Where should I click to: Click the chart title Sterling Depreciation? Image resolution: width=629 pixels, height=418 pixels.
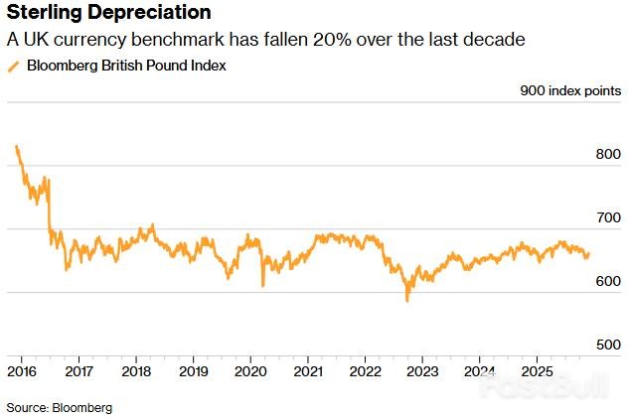tap(108, 13)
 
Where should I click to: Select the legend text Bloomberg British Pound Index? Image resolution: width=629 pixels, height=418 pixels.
tap(126, 66)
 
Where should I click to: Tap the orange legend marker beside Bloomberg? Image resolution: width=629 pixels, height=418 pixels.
tap(13, 66)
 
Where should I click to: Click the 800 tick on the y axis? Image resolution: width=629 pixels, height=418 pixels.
tap(608, 154)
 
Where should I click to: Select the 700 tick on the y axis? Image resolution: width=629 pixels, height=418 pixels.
tap(608, 217)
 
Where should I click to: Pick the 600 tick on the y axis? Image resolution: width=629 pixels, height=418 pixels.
tap(608, 281)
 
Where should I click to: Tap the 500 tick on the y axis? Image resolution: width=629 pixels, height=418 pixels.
tap(608, 345)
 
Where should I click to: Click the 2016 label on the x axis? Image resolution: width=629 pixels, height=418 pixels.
tap(21, 370)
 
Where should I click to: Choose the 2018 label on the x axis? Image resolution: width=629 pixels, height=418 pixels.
tap(135, 370)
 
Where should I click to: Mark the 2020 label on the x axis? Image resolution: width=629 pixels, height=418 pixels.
tap(249, 370)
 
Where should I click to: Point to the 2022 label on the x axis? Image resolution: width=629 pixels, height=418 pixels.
tap(365, 370)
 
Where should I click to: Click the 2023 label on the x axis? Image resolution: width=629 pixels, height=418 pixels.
tap(421, 370)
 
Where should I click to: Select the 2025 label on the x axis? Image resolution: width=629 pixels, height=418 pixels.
tap(537, 370)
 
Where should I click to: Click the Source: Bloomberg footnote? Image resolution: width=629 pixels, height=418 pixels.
tap(60, 407)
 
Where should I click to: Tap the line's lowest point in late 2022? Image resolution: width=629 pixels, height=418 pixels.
tap(406, 300)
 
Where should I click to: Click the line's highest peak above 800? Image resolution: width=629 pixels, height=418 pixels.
tap(17, 147)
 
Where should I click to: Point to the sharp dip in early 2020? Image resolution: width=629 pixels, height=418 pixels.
tap(262, 285)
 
